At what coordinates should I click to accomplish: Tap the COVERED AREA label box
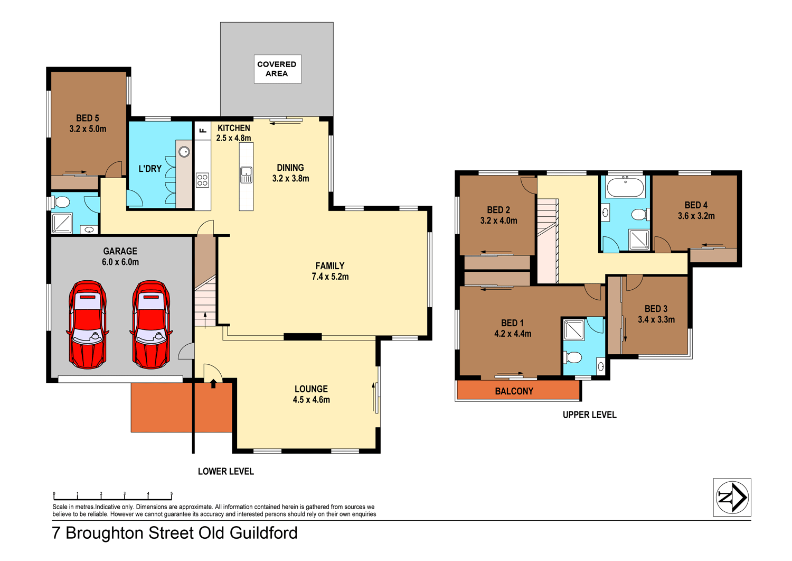(277, 69)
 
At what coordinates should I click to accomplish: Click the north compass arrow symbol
(732, 498)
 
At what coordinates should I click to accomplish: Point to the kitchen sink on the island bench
(246, 174)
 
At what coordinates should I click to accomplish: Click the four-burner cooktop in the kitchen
(202, 180)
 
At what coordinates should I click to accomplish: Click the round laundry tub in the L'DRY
(184, 152)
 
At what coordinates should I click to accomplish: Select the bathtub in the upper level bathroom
(625, 188)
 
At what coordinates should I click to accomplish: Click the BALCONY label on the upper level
(514, 391)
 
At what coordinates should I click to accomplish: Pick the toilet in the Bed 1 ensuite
(573, 357)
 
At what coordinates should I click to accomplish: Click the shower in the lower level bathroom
(62, 223)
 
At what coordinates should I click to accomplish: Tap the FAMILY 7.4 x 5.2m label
(330, 271)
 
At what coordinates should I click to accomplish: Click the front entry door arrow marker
(213, 383)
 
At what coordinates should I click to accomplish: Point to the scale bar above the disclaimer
(112, 496)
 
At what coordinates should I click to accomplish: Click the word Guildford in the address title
(263, 533)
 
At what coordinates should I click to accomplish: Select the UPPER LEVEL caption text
(589, 415)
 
